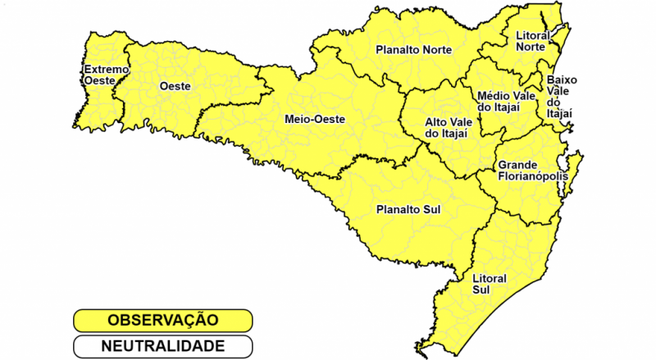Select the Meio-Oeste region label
tap(314, 119)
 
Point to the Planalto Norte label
tap(414, 50)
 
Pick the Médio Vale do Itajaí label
tap(507, 102)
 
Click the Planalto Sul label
tap(408, 209)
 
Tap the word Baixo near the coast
tap(563, 80)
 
